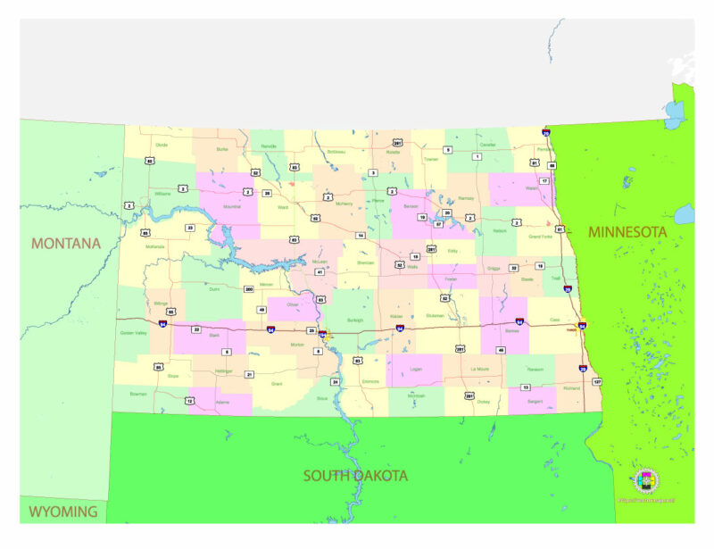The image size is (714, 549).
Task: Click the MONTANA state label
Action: (x=66, y=243)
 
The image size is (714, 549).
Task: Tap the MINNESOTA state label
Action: (x=627, y=231)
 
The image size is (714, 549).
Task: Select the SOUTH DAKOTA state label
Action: (x=355, y=476)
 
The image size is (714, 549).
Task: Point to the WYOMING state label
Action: (x=62, y=512)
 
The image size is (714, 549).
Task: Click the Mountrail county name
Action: (x=232, y=206)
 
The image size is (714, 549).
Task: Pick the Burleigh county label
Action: (x=355, y=320)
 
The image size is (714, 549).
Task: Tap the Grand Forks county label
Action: (x=541, y=237)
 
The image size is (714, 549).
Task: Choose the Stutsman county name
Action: (x=435, y=315)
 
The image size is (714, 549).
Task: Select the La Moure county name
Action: (x=480, y=368)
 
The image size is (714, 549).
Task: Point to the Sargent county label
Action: (x=535, y=403)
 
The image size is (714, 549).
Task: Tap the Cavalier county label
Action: (x=487, y=144)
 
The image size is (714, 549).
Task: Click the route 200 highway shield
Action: (x=249, y=289)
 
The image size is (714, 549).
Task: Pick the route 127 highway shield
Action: (x=597, y=382)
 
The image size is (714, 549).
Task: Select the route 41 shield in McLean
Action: (x=320, y=271)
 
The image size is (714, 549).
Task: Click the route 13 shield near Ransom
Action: (x=526, y=387)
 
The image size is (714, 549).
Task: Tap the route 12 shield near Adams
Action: (x=189, y=401)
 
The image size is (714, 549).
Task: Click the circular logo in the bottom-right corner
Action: (x=646, y=481)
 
